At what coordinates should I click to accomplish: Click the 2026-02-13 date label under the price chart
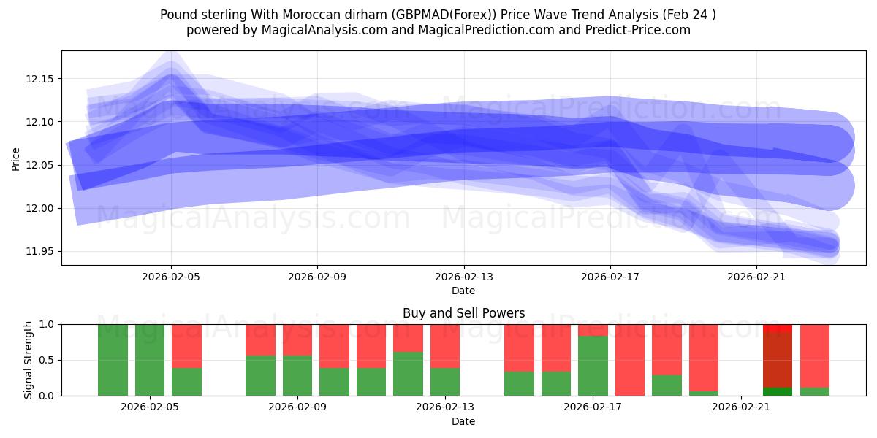[x=463, y=277]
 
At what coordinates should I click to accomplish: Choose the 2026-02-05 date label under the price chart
[x=171, y=277]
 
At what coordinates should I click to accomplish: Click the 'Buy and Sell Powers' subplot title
[x=463, y=313]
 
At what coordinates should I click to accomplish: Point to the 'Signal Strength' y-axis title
[x=29, y=360]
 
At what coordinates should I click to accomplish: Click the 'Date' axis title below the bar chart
[x=463, y=421]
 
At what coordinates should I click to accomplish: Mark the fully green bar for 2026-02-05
[x=150, y=360]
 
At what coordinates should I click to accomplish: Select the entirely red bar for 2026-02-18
[x=630, y=360]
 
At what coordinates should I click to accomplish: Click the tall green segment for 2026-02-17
[x=593, y=366]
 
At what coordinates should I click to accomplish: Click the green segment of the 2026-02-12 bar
[x=408, y=374]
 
